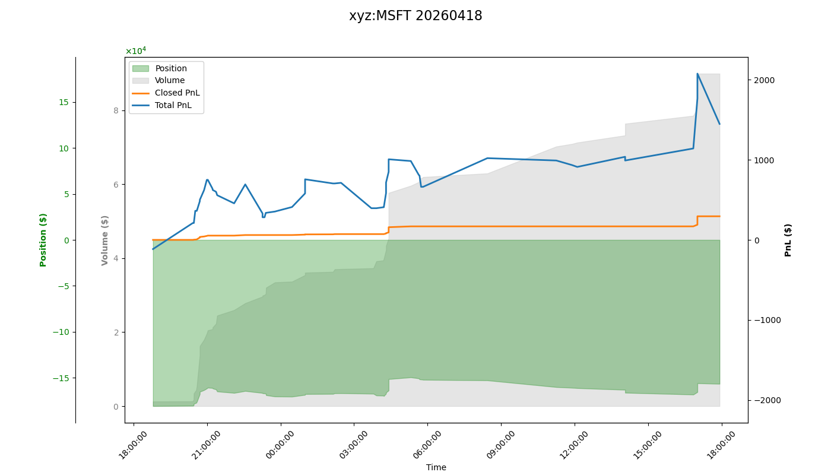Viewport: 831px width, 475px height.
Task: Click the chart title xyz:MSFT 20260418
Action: point(415,16)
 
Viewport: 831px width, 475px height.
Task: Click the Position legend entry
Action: point(171,68)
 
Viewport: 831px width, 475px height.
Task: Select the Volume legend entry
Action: point(170,81)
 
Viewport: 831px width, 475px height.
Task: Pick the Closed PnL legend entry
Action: point(177,93)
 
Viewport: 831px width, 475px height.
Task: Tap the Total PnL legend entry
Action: point(173,105)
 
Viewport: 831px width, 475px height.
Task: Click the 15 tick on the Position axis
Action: point(63,102)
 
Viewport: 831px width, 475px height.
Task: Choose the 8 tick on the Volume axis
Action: point(116,110)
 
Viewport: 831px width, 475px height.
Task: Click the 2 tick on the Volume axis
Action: point(116,332)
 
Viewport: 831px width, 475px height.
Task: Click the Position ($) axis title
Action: point(43,240)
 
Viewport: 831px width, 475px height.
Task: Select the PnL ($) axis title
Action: point(788,240)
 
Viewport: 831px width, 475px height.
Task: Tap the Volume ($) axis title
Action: point(105,240)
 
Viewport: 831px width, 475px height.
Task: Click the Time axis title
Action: point(436,467)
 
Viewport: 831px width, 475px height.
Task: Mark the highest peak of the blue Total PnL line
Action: point(697,74)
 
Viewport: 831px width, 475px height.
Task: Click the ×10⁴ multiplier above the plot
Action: point(135,51)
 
